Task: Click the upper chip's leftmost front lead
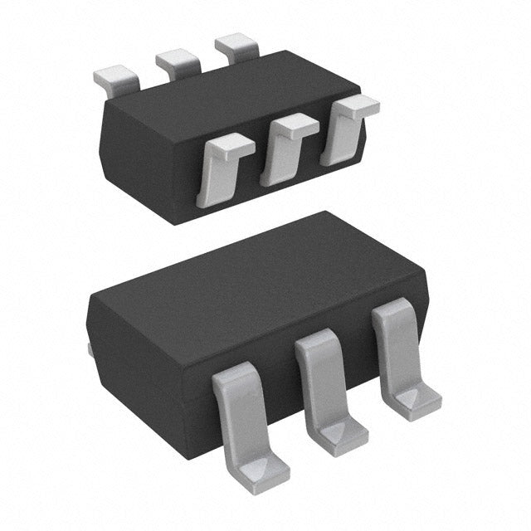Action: [222, 170]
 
